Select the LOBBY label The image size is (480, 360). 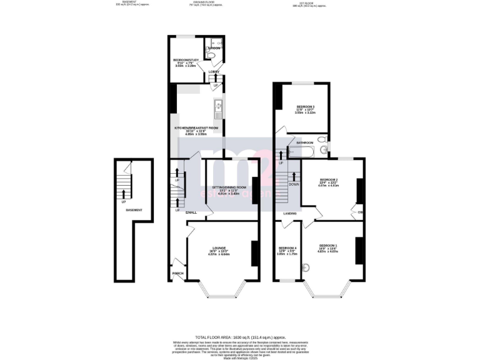point(214,72)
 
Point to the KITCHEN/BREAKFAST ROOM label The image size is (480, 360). point(196,127)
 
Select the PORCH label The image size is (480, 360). point(177,273)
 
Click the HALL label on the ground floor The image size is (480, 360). point(191,212)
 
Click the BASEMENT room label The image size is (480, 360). point(134,210)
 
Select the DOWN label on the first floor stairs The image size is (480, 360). point(294,184)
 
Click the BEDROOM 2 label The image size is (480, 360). point(328,180)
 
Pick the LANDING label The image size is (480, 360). point(289,214)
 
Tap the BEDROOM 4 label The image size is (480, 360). point(287,247)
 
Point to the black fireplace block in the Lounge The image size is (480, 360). point(254,252)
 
